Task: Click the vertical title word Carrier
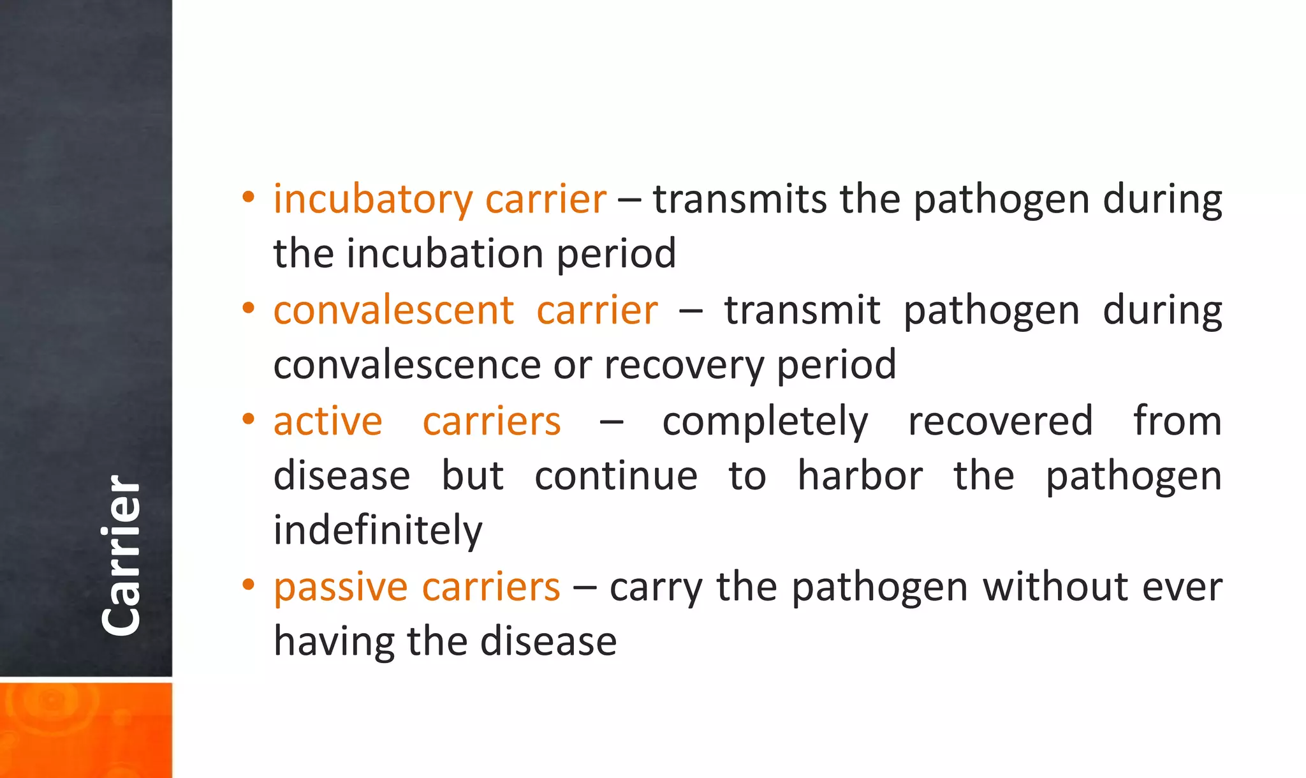click(121, 555)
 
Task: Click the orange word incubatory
click(372, 200)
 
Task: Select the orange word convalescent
click(393, 311)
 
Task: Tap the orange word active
click(328, 422)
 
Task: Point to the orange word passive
click(341, 587)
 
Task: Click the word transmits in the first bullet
click(739, 199)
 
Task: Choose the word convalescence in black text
click(407, 365)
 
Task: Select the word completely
click(765, 423)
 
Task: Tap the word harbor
click(860, 476)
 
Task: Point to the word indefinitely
click(378, 531)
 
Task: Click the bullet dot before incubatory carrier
click(249, 197)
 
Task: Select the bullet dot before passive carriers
click(249, 585)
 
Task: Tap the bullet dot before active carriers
click(249, 419)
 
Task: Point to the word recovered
click(1000, 422)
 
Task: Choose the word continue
click(615, 477)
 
